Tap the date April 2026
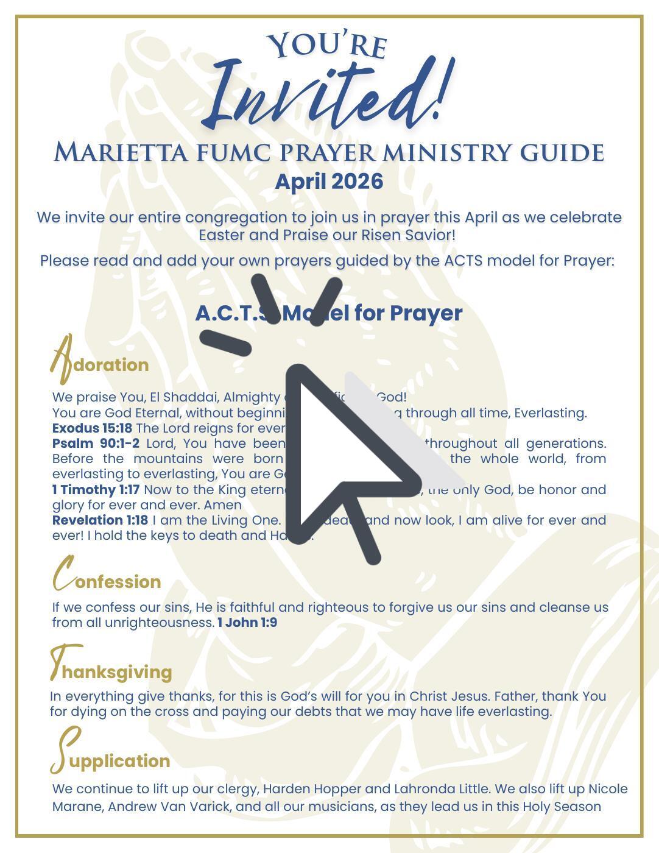tap(329, 182)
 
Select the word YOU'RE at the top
tap(327, 46)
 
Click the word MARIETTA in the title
tap(121, 152)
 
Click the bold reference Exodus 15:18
tap(92, 428)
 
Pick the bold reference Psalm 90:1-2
tap(96, 443)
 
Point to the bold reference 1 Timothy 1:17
tap(96, 489)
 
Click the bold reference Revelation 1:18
tap(100, 520)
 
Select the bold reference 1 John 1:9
tap(247, 623)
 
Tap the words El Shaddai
tap(183, 397)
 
